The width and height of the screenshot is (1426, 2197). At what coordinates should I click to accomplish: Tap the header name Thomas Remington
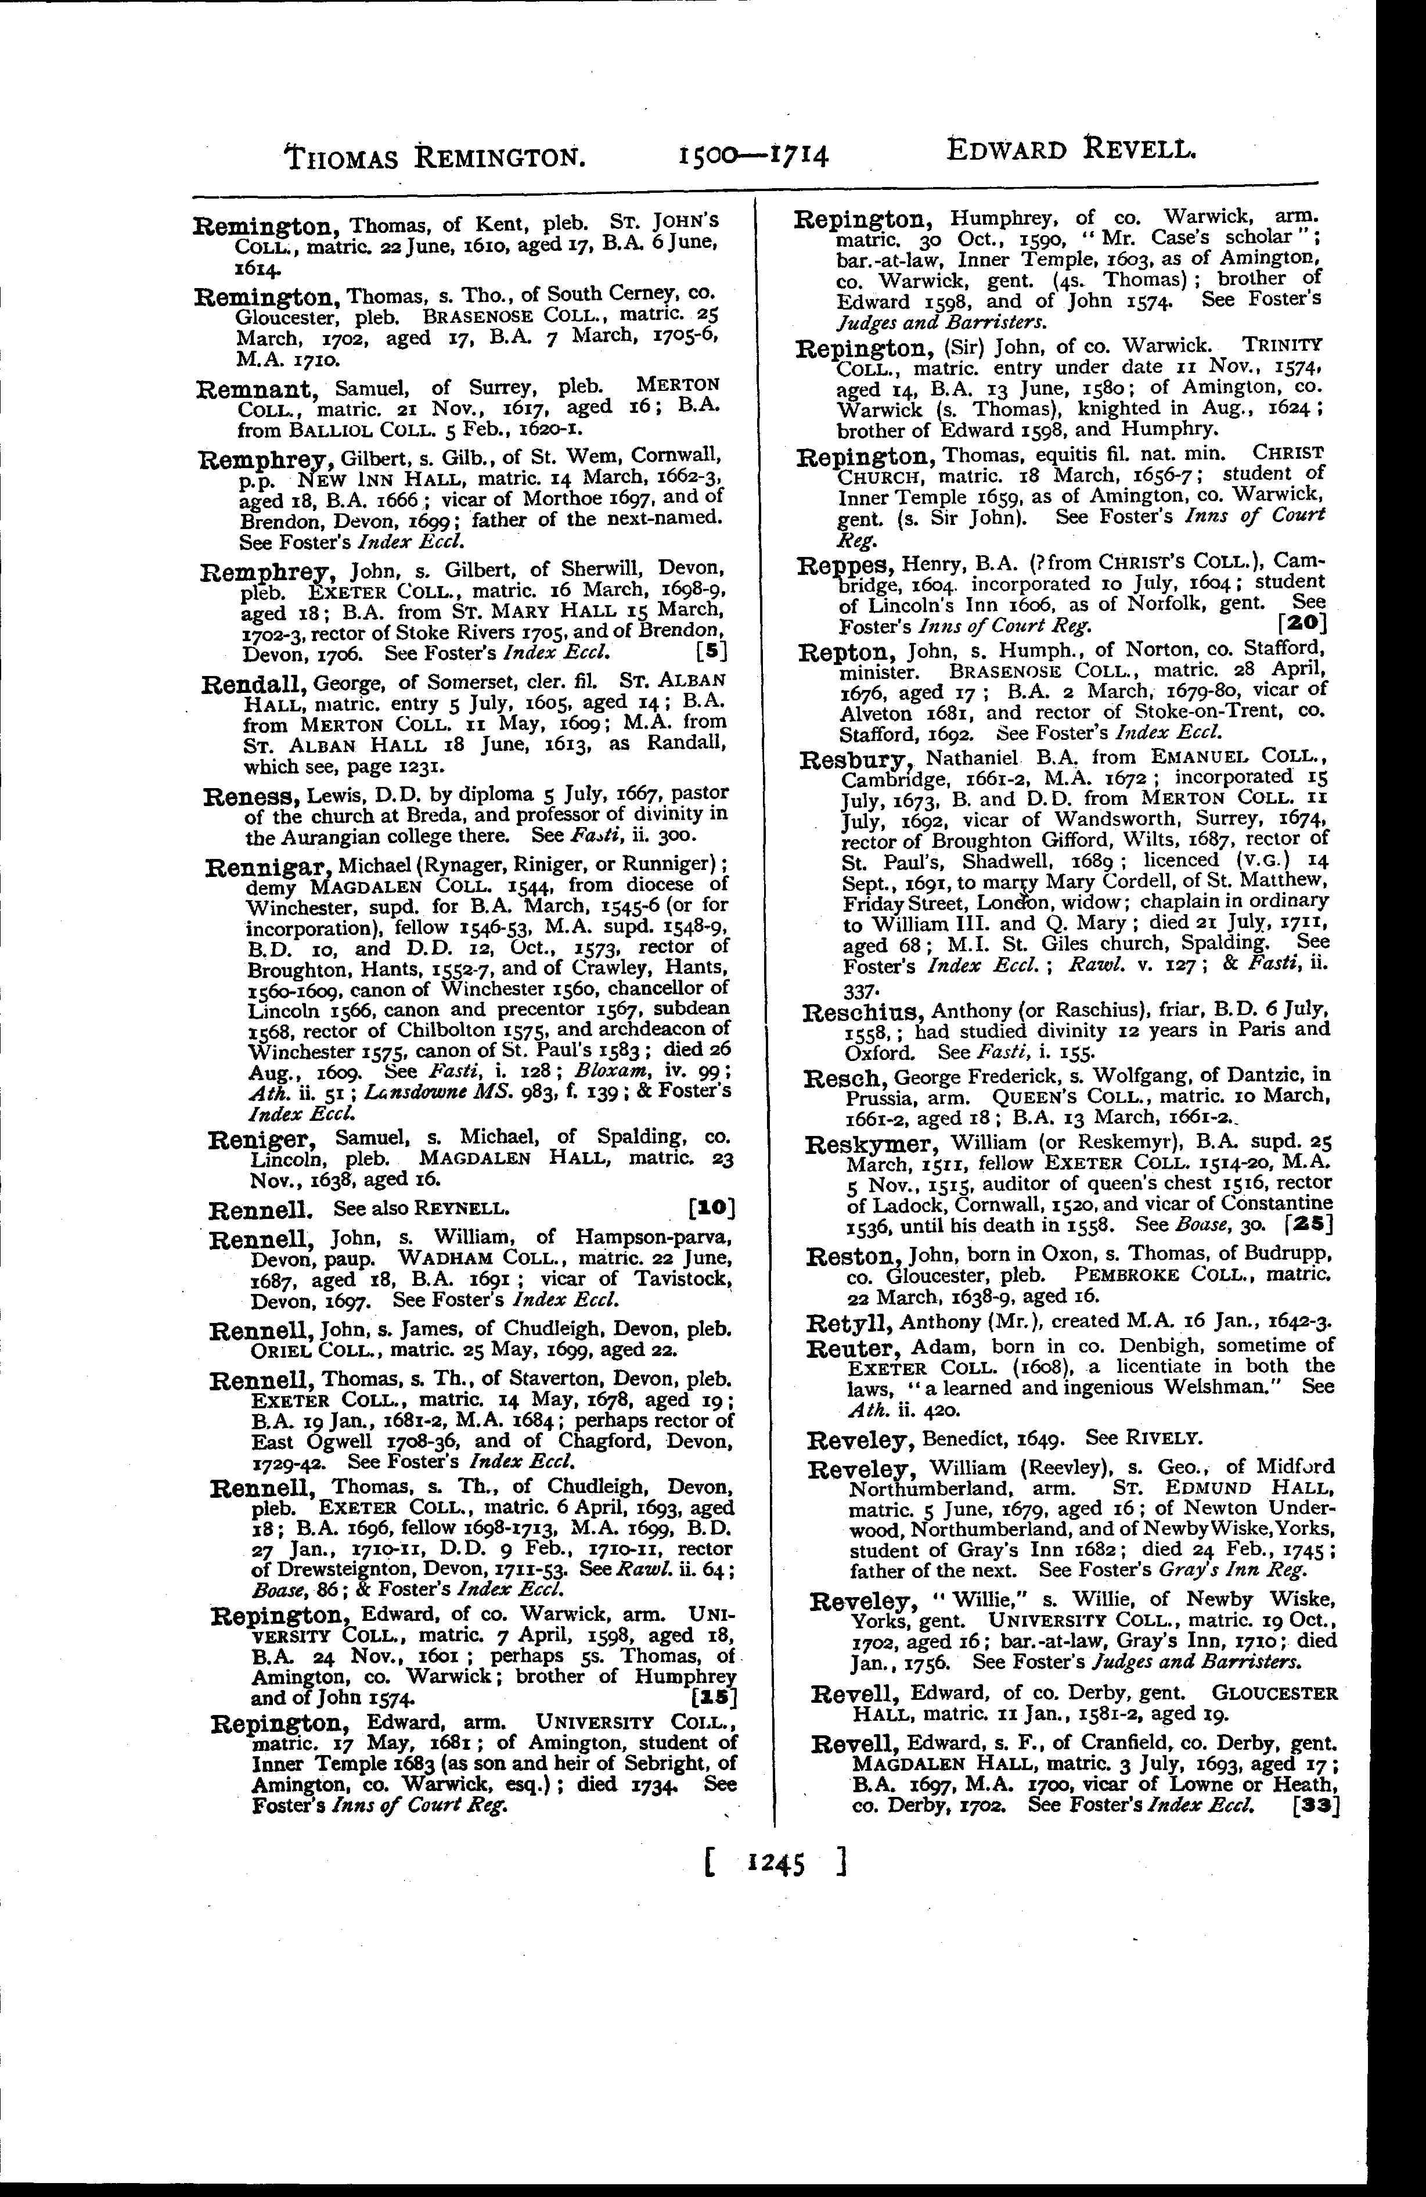pos(435,157)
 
